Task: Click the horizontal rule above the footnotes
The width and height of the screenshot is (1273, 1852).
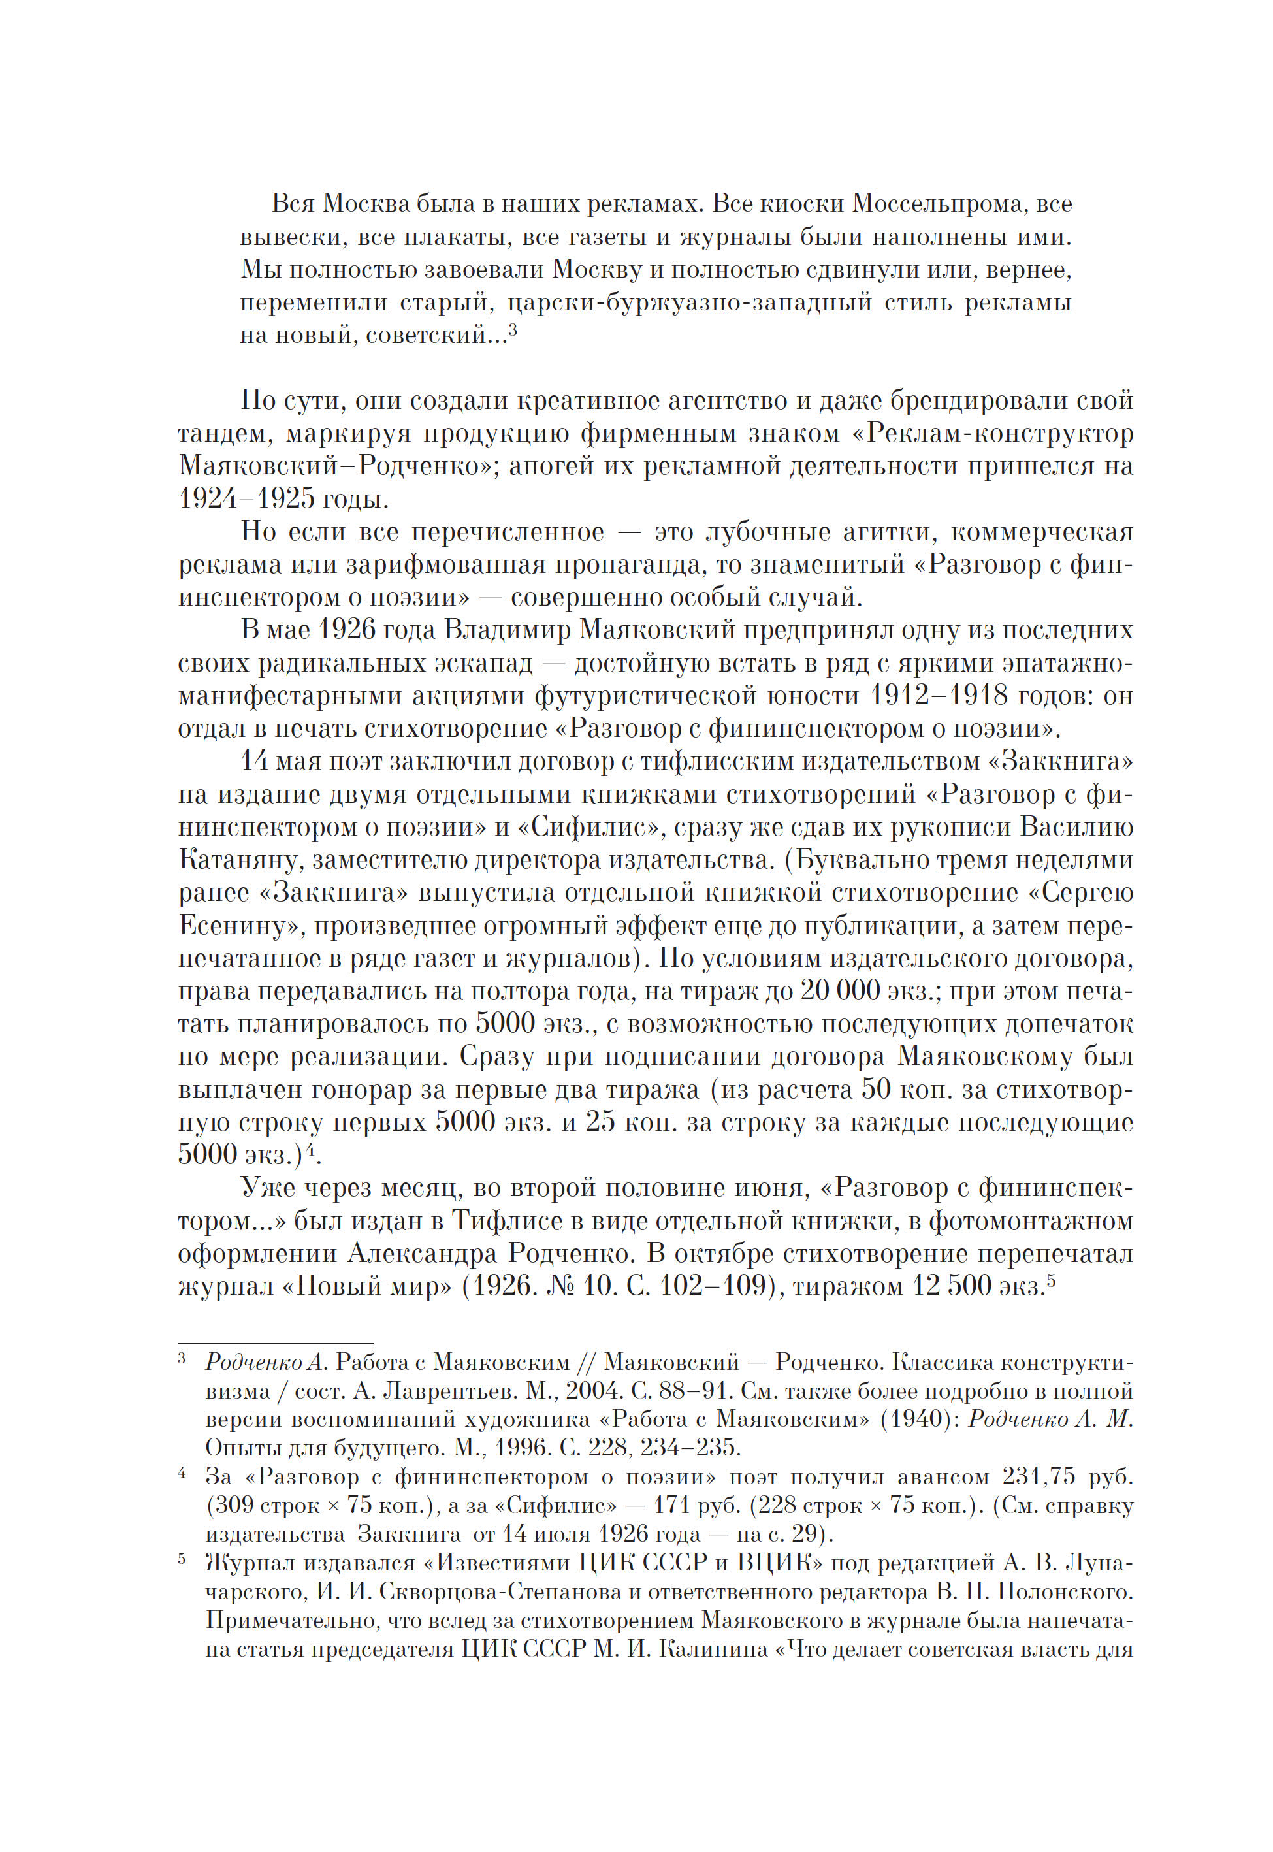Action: (x=275, y=1343)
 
